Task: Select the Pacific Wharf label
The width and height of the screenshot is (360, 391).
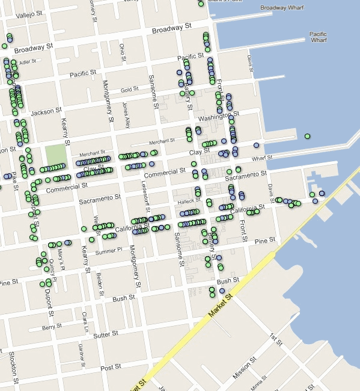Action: (318, 37)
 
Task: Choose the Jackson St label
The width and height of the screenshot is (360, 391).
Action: (46, 112)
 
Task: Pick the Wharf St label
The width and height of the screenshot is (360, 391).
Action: (262, 158)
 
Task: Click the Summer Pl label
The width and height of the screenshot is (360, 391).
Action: (112, 249)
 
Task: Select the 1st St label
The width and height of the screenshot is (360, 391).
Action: (276, 339)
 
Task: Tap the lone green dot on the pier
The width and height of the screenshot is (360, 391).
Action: (307, 137)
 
